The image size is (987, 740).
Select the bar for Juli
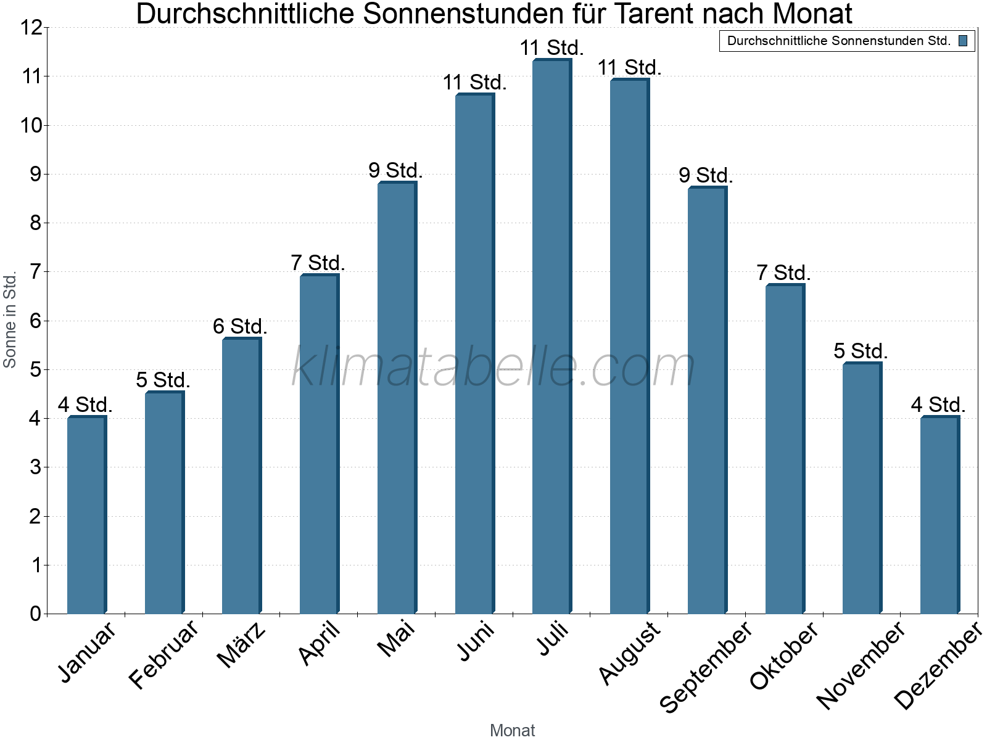tap(551, 336)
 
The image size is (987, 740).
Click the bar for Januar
tap(86, 515)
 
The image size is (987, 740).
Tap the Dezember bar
tap(939, 515)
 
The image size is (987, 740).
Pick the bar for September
tap(707, 401)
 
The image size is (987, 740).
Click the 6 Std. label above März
tap(240, 326)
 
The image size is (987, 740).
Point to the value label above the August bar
tap(629, 67)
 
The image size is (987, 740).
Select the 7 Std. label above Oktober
tap(783, 273)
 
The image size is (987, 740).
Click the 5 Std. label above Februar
tap(163, 380)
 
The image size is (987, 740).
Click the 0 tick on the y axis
tap(35, 614)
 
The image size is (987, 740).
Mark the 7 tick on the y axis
tap(35, 272)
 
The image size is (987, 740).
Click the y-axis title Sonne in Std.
tap(10, 320)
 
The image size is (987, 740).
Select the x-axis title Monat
tap(512, 730)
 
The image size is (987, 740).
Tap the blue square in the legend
tap(963, 41)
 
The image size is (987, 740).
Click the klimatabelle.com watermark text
tap(493, 367)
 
